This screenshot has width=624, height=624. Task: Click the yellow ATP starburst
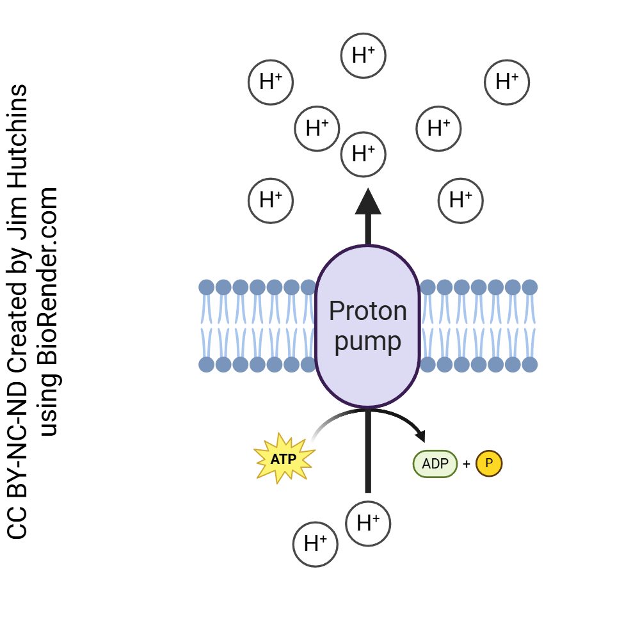click(x=284, y=458)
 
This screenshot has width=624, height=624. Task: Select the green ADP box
click(x=435, y=464)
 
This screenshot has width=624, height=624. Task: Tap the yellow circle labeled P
click(x=489, y=464)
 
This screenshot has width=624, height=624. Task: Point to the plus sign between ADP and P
click(x=466, y=464)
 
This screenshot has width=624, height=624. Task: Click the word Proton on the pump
click(x=367, y=312)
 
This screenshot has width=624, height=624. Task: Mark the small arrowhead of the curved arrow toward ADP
click(x=420, y=436)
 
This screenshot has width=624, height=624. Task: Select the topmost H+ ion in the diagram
click(x=363, y=56)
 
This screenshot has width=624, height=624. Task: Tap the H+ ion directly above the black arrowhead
click(x=363, y=154)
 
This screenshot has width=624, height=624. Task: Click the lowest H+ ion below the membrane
click(x=315, y=545)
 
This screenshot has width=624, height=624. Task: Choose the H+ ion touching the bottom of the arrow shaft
click(x=368, y=524)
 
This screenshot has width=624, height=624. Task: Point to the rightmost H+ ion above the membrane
click(x=507, y=82)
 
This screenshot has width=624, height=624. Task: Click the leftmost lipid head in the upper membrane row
click(x=206, y=287)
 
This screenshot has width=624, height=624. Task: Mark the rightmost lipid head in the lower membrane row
click(x=530, y=364)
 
